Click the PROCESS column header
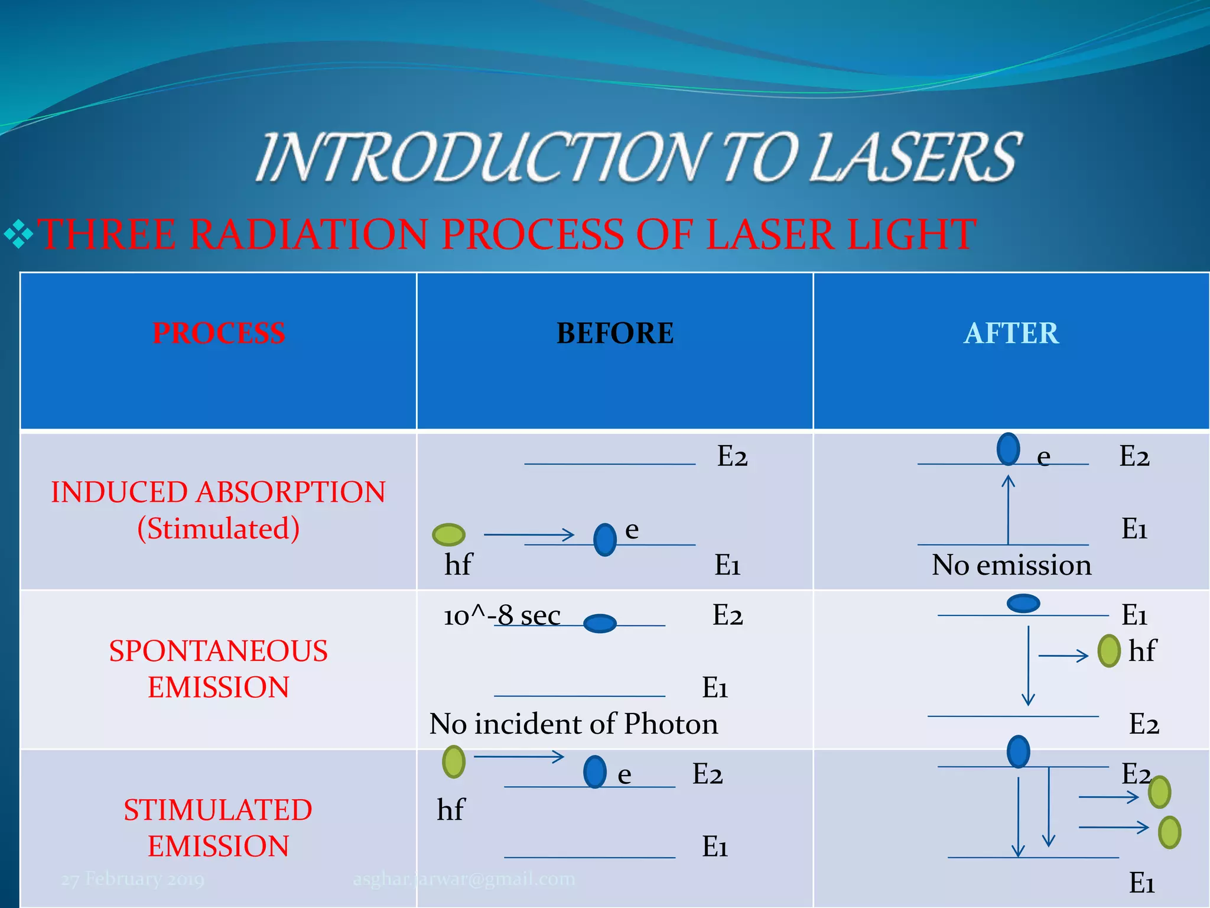219,333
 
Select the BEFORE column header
614,333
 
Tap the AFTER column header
1011,333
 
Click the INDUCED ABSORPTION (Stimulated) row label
218,510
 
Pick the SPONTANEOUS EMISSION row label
218,669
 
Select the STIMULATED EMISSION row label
218,828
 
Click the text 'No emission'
1011,565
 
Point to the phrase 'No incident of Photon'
573,724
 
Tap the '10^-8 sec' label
502,615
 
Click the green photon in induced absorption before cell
448,534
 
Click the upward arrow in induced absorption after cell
1008,508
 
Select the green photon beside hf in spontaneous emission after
1109,651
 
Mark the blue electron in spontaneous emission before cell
600,623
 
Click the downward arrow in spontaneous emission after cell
1028,665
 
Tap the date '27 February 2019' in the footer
133,879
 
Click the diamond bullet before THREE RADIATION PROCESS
18,234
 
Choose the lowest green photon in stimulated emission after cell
1169,832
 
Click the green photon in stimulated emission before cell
454,761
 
